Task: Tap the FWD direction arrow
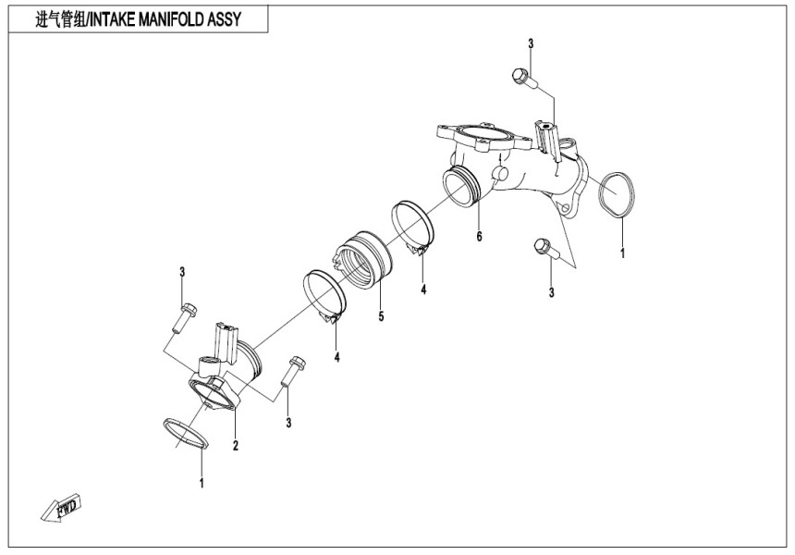[x=64, y=508]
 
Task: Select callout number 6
[x=479, y=237]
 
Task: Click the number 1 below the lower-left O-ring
[x=202, y=482]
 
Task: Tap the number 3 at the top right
[x=531, y=43]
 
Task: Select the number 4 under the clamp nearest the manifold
[x=422, y=290]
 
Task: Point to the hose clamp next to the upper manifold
[x=412, y=226]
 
